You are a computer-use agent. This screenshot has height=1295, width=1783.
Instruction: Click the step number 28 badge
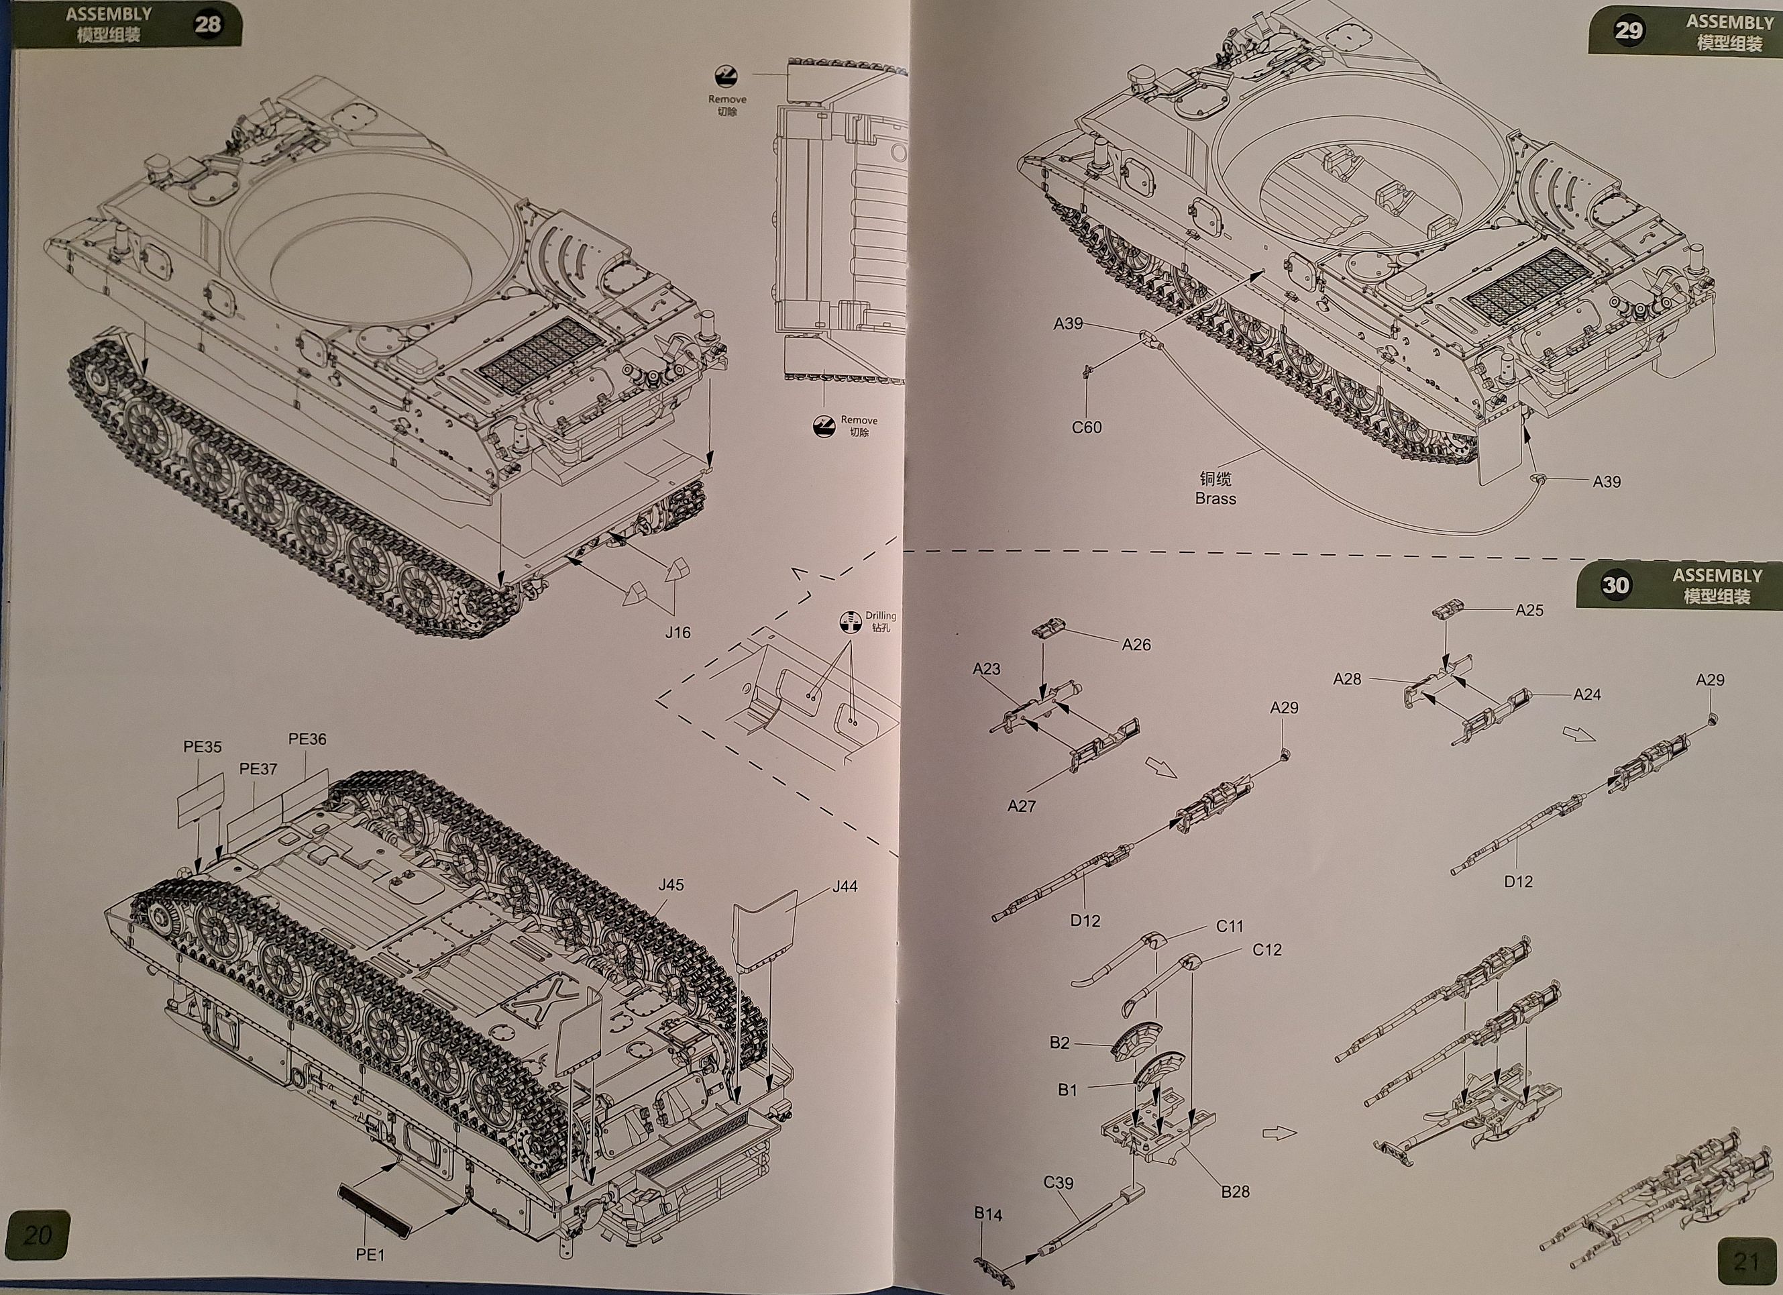click(x=207, y=24)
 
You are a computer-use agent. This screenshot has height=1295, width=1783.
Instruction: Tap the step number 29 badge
click(x=1629, y=31)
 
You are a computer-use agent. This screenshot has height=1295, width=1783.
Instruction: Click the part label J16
click(x=678, y=632)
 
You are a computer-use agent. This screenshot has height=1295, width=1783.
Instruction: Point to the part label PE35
click(x=202, y=747)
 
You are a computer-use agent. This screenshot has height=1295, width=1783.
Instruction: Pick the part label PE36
click(x=307, y=739)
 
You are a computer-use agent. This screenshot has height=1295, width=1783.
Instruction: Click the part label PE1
click(x=370, y=1255)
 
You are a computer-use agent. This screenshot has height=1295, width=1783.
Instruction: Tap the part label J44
click(x=845, y=886)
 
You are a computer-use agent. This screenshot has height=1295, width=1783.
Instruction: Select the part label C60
click(x=1087, y=427)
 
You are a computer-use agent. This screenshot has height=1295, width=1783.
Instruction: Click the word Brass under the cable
click(x=1215, y=499)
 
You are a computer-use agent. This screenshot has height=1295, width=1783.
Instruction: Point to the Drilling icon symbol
click(x=850, y=622)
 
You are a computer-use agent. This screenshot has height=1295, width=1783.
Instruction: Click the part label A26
click(x=1136, y=645)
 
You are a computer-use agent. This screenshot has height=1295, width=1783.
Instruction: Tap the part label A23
click(x=987, y=669)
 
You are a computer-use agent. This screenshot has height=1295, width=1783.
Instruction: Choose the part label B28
click(x=1235, y=1192)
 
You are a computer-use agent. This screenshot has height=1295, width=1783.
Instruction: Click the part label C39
click(x=1058, y=1182)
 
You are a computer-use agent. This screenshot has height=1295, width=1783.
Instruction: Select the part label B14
click(x=987, y=1214)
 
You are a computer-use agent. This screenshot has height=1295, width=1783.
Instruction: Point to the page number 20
click(x=37, y=1235)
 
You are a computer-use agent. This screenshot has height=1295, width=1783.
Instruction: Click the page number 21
click(x=1746, y=1262)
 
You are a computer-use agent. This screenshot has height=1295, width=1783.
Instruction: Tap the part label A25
click(x=1529, y=610)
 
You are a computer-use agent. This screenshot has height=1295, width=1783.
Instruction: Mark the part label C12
click(x=1266, y=950)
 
